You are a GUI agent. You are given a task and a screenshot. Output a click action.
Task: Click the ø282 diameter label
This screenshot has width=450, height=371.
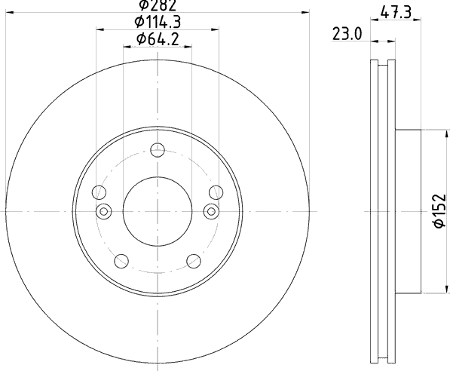(158, 5)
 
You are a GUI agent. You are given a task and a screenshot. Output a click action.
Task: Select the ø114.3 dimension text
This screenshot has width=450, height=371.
(158, 22)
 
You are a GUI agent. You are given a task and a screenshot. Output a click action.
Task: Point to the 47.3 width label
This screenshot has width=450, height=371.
(396, 13)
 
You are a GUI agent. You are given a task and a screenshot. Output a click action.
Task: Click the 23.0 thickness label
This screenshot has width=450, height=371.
(347, 34)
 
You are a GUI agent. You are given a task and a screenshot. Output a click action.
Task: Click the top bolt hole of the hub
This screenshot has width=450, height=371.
(158, 150)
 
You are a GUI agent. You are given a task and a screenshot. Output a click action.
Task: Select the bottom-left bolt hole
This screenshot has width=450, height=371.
(121, 261)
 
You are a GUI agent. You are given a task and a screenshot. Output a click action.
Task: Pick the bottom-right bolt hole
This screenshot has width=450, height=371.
(194, 261)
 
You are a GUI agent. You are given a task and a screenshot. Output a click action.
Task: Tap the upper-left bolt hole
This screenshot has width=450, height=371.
(99, 192)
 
